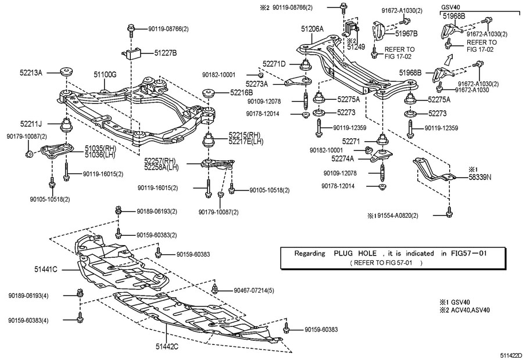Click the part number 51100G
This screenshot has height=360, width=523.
point(105,74)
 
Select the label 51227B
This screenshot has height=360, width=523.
point(166,53)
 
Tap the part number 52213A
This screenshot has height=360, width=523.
point(31,73)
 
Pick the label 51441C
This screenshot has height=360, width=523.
point(46,269)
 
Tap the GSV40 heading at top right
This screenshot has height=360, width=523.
point(451,8)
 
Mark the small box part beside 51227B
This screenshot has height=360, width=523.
point(135,53)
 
